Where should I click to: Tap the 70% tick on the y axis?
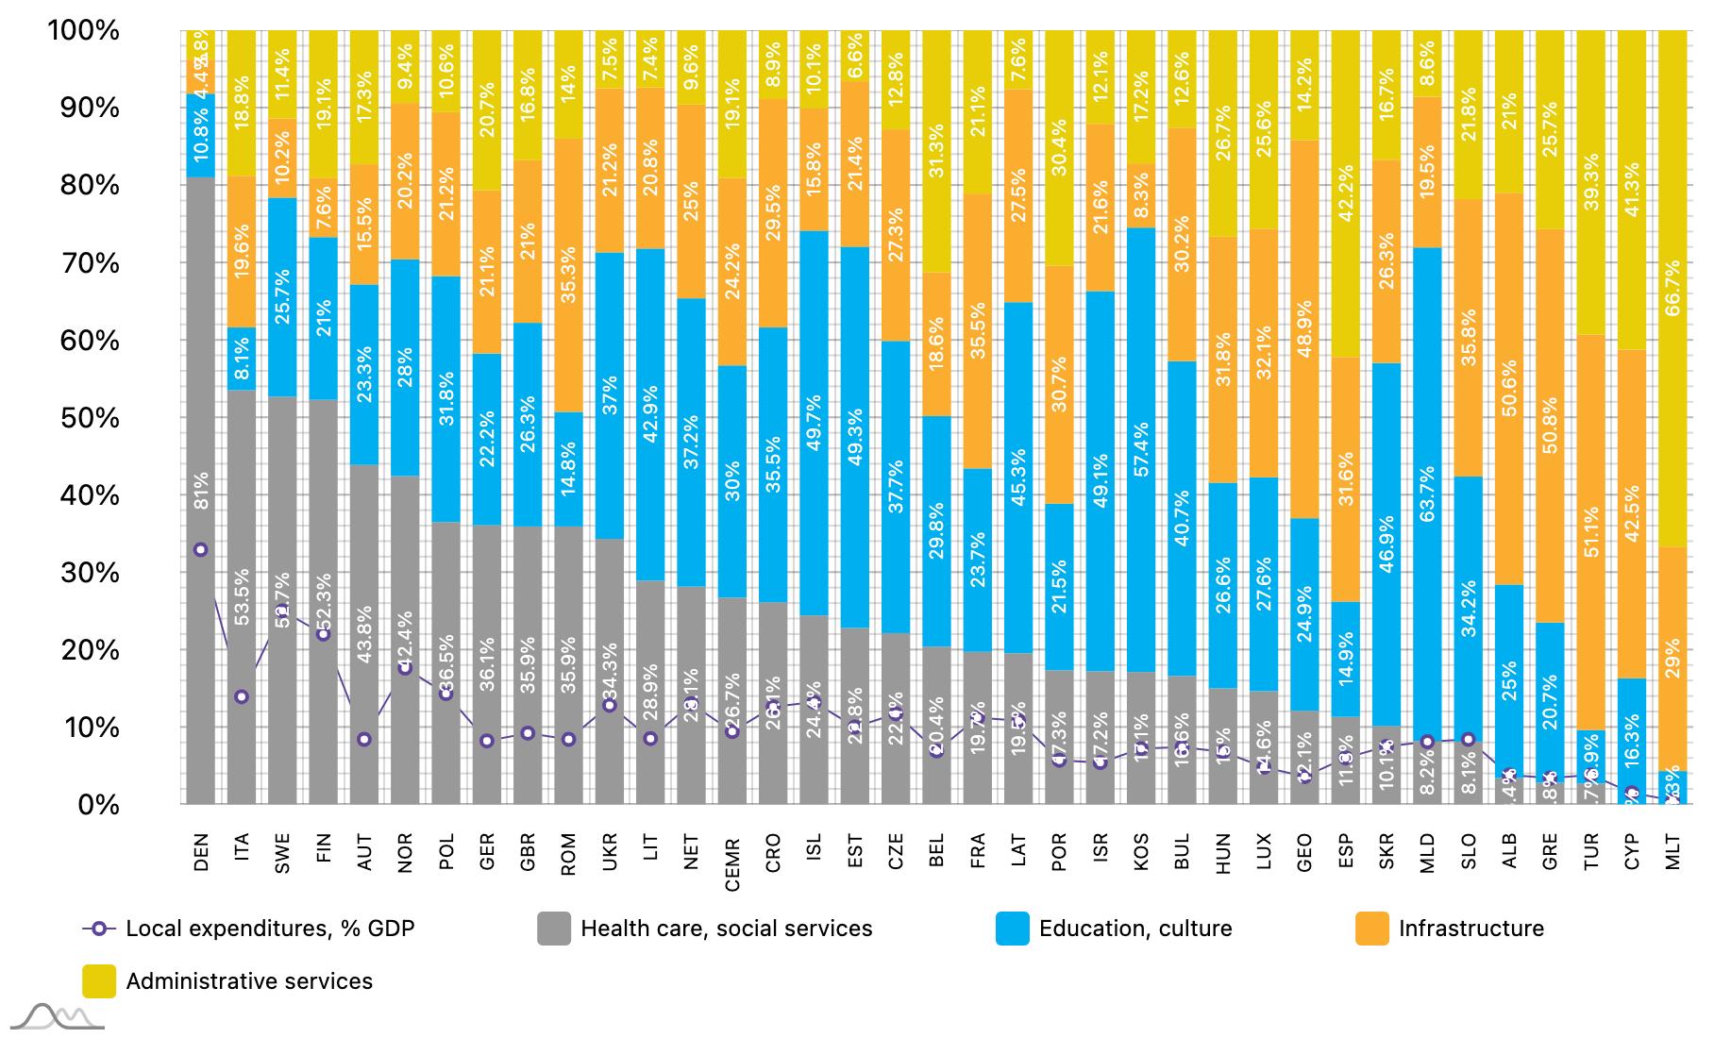(x=84, y=263)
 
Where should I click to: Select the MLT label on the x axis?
(x=1673, y=852)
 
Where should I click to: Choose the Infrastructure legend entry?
(x=1471, y=929)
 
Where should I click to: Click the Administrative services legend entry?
(x=249, y=981)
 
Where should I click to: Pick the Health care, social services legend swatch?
(x=554, y=929)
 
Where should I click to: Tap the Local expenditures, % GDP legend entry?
(x=270, y=929)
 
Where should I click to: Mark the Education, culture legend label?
(x=1135, y=929)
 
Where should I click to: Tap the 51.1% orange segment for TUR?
(x=1591, y=532)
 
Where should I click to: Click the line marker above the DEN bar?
(x=200, y=550)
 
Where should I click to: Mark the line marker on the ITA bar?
(x=242, y=696)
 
